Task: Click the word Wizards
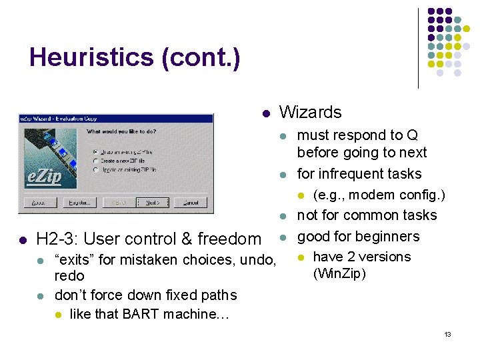tap(310, 112)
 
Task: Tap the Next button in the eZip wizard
tap(153, 202)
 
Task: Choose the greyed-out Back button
tap(117, 202)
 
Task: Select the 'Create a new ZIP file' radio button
tap(95, 161)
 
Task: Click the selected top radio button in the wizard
tap(95, 151)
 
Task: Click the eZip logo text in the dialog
tap(44, 177)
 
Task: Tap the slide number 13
tap(448, 333)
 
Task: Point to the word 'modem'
tap(371, 195)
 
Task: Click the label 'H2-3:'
tap(58, 239)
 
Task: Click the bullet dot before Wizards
tap(265, 113)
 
